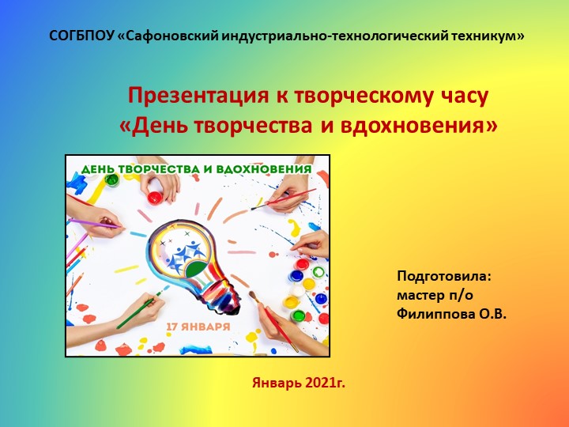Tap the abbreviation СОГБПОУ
point(81,36)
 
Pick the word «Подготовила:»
point(444,277)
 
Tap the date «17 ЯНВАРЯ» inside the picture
point(198,326)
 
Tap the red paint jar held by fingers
point(156,196)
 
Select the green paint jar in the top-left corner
point(111,181)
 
